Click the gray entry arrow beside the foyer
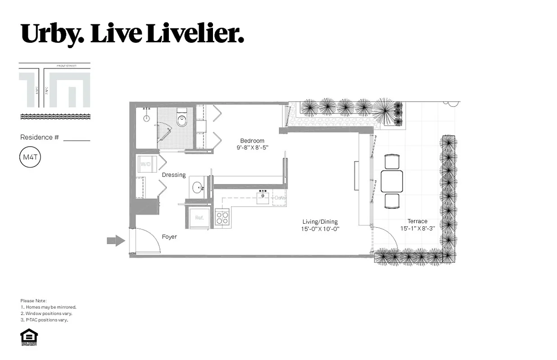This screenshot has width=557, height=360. tap(116, 241)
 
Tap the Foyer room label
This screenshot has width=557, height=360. tap(169, 237)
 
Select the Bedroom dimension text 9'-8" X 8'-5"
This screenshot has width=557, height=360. tap(252, 147)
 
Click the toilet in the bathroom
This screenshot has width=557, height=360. tap(182, 120)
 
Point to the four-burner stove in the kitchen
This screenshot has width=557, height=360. tap(222, 218)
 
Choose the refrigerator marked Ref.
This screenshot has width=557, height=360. tap(199, 218)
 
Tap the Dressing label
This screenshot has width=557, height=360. tap(174, 175)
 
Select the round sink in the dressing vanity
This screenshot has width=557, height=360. tap(197, 187)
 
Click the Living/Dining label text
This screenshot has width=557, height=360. tap(320, 222)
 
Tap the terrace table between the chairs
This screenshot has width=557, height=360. tap(391, 181)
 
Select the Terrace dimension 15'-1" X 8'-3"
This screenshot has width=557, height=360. tap(417, 228)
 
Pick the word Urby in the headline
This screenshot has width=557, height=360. tap(51, 34)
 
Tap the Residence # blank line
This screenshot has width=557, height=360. tap(77, 140)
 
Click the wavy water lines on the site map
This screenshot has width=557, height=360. tap(55, 117)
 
